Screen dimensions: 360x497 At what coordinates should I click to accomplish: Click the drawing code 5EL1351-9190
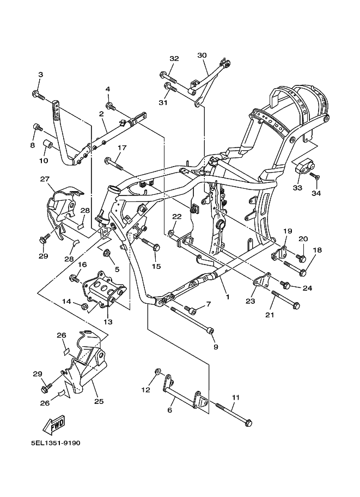[56, 443]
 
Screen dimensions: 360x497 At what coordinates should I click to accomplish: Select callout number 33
[297, 188]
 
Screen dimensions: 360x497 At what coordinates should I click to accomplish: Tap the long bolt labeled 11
[234, 414]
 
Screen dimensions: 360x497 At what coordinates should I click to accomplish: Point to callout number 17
[122, 148]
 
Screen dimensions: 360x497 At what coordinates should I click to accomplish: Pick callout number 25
[99, 401]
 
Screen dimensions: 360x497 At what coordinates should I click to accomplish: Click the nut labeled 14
[84, 306]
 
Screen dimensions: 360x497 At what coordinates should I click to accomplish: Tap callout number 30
[202, 55]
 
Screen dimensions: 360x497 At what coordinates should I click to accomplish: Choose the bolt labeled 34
[315, 176]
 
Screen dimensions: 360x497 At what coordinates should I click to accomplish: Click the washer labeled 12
[157, 371]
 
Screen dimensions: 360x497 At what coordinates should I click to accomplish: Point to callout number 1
[228, 297]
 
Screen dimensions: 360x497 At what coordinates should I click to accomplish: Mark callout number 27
[45, 179]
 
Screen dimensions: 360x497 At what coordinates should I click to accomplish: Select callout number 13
[108, 322]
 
